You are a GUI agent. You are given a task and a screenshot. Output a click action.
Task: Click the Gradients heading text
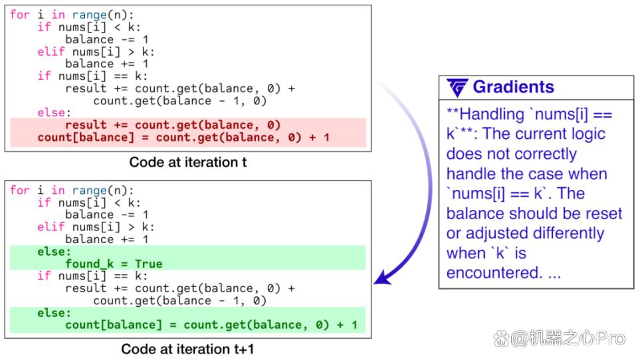(513, 87)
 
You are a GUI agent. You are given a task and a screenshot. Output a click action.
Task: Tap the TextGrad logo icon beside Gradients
(457, 88)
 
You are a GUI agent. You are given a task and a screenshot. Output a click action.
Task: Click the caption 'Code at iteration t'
(188, 162)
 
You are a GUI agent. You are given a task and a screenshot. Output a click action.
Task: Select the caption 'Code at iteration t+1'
(187, 349)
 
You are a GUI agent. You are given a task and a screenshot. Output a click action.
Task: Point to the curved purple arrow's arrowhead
(383, 278)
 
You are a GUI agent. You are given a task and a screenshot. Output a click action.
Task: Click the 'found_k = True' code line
(114, 264)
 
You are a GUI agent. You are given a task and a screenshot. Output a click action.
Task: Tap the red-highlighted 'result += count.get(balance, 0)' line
(173, 125)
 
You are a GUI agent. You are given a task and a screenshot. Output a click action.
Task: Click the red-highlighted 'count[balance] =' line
(183, 137)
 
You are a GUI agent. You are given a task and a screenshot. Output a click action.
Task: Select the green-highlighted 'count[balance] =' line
(211, 325)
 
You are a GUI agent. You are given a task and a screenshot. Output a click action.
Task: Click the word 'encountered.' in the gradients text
(494, 272)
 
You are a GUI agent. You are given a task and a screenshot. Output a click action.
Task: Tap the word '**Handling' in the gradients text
(485, 114)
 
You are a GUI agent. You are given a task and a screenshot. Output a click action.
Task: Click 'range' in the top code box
(90, 15)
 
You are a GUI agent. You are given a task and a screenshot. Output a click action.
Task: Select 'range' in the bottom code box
(90, 191)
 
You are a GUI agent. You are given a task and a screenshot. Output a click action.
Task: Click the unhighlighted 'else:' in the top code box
(54, 113)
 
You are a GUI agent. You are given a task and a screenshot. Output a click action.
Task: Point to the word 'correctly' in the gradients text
(546, 154)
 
